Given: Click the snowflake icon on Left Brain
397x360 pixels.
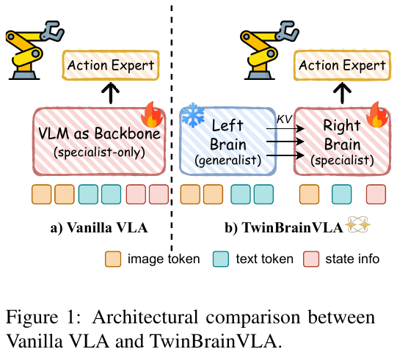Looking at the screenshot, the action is click(x=193, y=115).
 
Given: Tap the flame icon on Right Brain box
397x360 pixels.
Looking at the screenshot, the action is click(x=377, y=114).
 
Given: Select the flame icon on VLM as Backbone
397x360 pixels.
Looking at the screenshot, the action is click(x=152, y=114).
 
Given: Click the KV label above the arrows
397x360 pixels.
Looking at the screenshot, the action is click(x=285, y=120).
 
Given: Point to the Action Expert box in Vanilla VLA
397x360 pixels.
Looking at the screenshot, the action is click(x=111, y=65).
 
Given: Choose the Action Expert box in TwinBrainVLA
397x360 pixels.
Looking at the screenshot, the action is click(x=342, y=65).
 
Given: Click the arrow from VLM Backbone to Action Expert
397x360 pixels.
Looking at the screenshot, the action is click(x=111, y=93).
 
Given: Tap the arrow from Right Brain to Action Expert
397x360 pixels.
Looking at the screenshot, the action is click(x=342, y=93).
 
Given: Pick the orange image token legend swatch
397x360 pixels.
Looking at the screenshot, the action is click(x=113, y=259).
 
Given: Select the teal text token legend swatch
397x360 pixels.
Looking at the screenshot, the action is click(x=221, y=259).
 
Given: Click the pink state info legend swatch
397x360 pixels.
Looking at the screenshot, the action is click(x=311, y=259).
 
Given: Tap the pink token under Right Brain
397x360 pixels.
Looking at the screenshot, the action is click(x=376, y=194).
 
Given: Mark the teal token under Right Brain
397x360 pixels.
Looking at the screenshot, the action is click(x=342, y=194).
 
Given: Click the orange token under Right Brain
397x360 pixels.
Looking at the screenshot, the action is click(x=309, y=194).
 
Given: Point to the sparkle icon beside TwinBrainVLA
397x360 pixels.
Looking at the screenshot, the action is click(x=359, y=224).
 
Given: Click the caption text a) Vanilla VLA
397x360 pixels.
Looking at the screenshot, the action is click(x=99, y=227).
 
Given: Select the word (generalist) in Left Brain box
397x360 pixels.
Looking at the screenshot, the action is click(x=228, y=161).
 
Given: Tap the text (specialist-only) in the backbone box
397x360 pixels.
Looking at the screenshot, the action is click(x=100, y=153).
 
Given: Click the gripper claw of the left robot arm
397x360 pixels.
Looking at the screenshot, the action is click(x=53, y=31).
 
